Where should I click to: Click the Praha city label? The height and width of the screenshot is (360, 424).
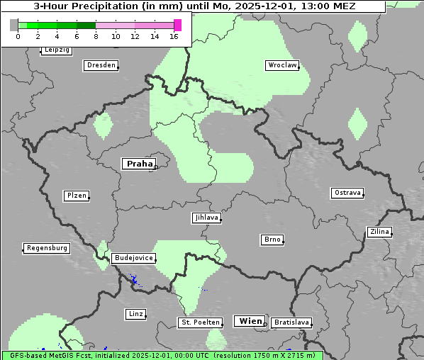pyautogui.click(x=138, y=164)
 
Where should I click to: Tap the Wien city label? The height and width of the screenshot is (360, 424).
pyautogui.click(x=250, y=321)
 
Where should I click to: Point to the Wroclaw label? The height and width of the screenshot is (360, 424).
pyautogui.click(x=281, y=65)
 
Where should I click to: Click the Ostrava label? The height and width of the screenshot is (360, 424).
pyautogui.click(x=347, y=193)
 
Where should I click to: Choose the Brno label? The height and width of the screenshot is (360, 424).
pyautogui.click(x=272, y=240)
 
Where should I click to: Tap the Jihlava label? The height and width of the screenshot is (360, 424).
pyautogui.click(x=206, y=218)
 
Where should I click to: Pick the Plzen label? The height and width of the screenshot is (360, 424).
pyautogui.click(x=76, y=196)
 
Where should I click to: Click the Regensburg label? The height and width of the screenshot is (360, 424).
pyautogui.click(x=47, y=248)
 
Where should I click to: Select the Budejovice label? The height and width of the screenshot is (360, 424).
pyautogui.click(x=133, y=258)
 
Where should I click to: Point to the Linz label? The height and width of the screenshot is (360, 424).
pyautogui.click(x=135, y=313)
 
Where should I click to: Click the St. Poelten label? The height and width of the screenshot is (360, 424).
pyautogui.click(x=199, y=322)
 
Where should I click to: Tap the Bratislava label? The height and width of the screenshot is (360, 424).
pyautogui.click(x=291, y=322)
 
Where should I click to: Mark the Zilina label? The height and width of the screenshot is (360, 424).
pyautogui.click(x=379, y=232)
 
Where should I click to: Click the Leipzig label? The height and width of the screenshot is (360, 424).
pyautogui.click(x=56, y=50)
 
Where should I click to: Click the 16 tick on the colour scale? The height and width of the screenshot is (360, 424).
pyautogui.click(x=174, y=36)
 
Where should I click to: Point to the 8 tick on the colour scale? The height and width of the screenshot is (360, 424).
pyautogui.click(x=96, y=36)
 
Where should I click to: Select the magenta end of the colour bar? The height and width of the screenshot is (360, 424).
pyautogui.click(x=177, y=25)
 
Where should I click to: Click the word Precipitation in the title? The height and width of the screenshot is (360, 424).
pyautogui.click(x=133, y=6)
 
